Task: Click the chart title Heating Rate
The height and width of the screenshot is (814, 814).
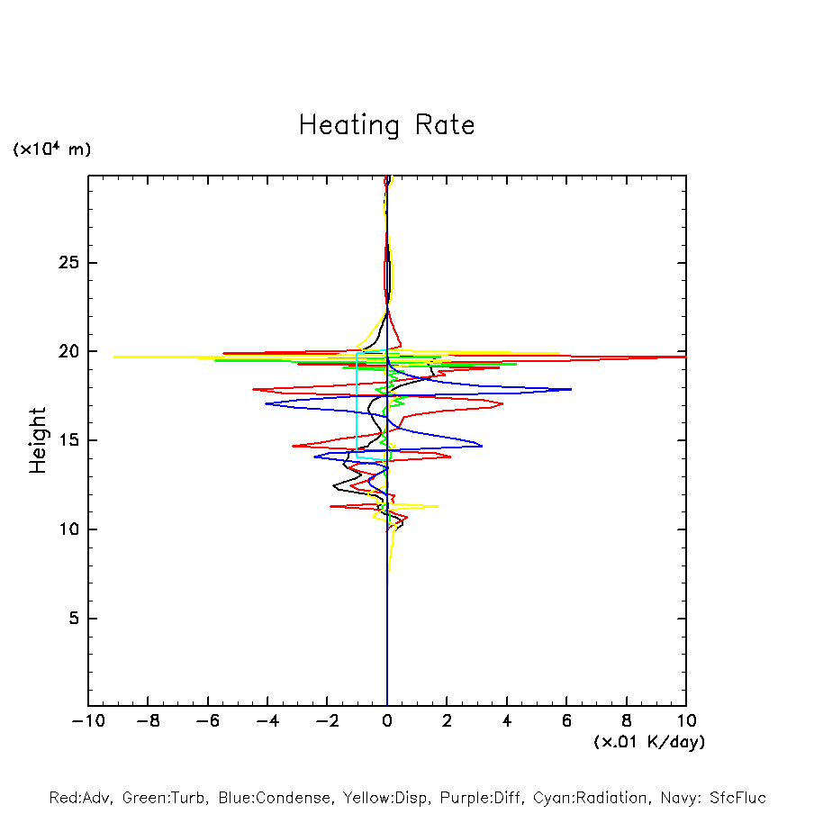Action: pyautogui.click(x=386, y=125)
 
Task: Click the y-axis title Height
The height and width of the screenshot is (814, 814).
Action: pyautogui.click(x=38, y=440)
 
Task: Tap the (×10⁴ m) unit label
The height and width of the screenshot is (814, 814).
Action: pyautogui.click(x=51, y=149)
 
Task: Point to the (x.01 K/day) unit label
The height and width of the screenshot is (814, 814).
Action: pyautogui.click(x=648, y=742)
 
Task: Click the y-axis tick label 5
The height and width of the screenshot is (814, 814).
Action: pyautogui.click(x=67, y=619)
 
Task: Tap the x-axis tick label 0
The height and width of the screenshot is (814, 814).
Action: pyautogui.click(x=387, y=721)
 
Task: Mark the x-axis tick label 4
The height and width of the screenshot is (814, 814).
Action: pyautogui.click(x=507, y=721)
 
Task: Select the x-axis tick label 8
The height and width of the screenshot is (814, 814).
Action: pyautogui.click(x=627, y=721)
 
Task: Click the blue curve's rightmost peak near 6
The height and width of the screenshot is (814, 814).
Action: pyautogui.click(x=571, y=389)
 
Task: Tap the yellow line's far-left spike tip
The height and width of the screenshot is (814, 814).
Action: pyautogui.click(x=114, y=357)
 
